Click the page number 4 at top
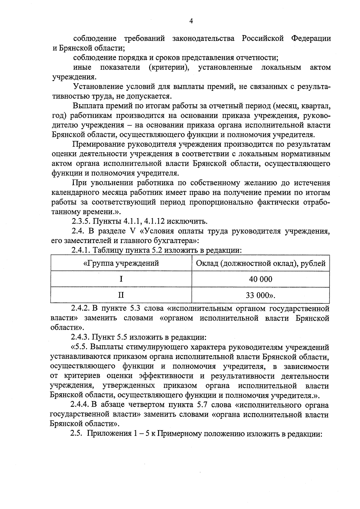click(191, 21)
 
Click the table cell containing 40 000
click(260, 279)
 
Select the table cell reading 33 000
click(260, 295)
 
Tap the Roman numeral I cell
click(121, 279)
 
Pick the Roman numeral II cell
click(121, 295)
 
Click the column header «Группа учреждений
click(121, 263)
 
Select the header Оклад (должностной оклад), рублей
click(260, 263)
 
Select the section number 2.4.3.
click(81, 337)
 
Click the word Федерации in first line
click(311, 38)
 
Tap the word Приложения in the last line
click(105, 434)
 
